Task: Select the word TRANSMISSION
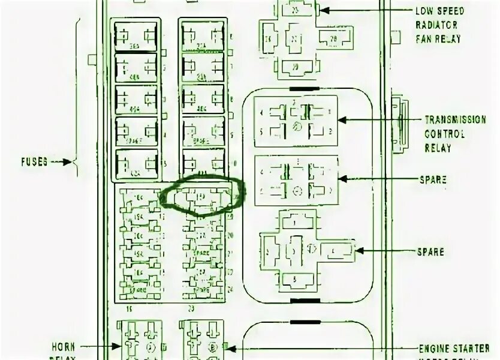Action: (455, 120)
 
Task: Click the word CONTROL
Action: (445, 134)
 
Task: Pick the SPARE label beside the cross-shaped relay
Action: (430, 251)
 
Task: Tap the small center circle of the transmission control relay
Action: (295, 127)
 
